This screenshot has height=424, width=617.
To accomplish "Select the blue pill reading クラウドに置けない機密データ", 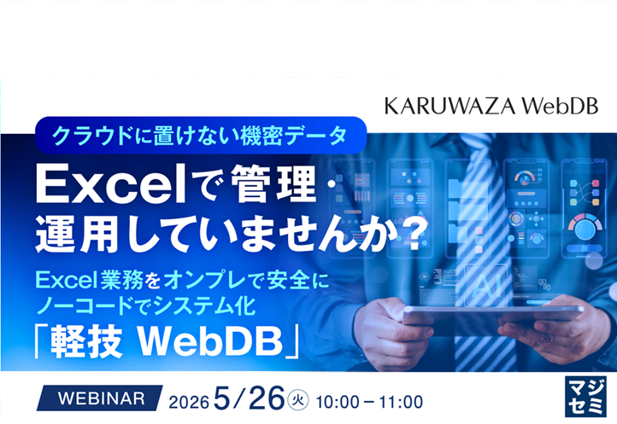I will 201,133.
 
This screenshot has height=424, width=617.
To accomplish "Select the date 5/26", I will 256,398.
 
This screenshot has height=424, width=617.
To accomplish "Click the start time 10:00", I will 337,400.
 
